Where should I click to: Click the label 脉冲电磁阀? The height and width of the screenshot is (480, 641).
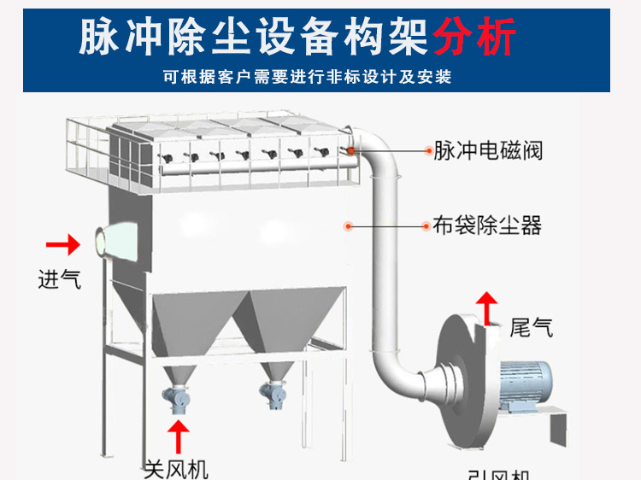pos(488,151)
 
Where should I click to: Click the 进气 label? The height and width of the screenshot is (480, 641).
pos(60,278)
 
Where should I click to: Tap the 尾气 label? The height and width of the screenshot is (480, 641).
pos(531,326)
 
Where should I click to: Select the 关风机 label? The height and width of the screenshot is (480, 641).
pos(176,468)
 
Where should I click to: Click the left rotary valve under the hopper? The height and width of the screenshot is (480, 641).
pos(178,395)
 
